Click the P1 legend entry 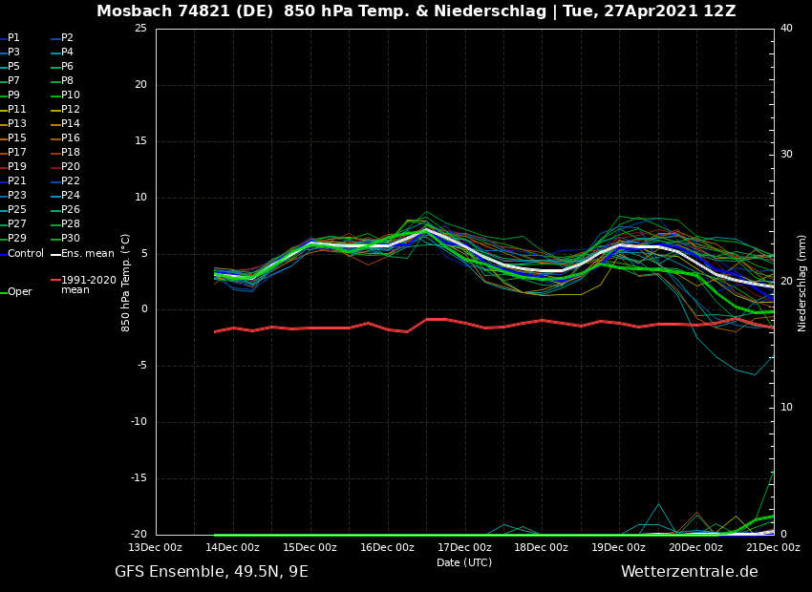click(13, 38)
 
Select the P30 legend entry click(71, 239)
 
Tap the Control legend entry click(26, 254)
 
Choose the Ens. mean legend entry click(87, 254)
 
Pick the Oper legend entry click(19, 292)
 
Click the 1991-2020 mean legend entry click(88, 285)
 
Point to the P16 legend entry click(71, 138)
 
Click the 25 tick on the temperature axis click(140, 29)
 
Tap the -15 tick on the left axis click(138, 478)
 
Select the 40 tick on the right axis click(786, 29)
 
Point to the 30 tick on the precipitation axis click(786, 155)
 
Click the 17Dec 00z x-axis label click(464, 548)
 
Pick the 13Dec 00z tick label click(156, 548)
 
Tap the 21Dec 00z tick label click(773, 548)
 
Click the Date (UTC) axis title click(464, 562)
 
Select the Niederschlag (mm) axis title click(802, 283)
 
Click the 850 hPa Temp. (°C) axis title click(126, 283)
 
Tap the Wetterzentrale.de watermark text click(689, 572)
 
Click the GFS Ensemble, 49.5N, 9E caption click(211, 572)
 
